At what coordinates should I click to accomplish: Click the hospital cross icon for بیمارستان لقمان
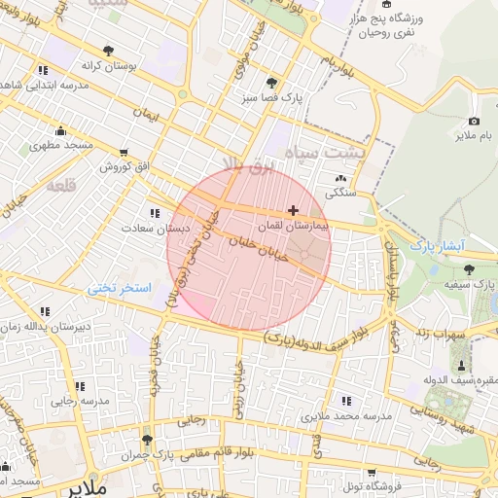click(x=293, y=210)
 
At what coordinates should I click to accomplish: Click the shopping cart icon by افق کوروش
click(x=124, y=152)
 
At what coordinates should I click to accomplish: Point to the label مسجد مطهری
click(x=66, y=146)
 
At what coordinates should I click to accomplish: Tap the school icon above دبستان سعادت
click(x=155, y=213)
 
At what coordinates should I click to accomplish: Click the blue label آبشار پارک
click(x=441, y=243)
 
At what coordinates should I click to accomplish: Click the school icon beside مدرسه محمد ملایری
click(x=348, y=400)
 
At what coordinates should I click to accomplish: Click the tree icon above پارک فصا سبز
click(x=270, y=83)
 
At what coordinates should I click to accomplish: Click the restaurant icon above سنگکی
click(x=340, y=178)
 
